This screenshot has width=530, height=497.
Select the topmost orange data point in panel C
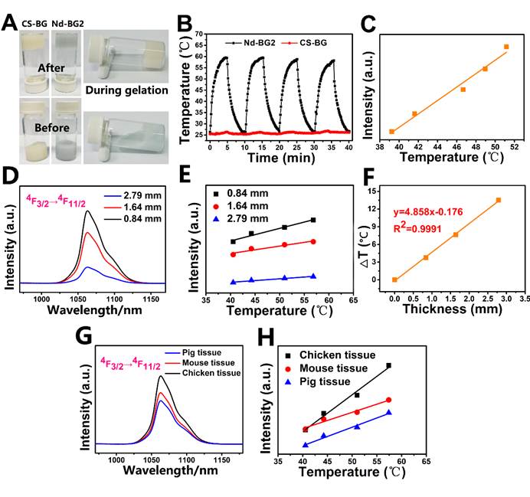pos(506,47)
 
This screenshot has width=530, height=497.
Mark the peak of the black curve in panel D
pos(87,211)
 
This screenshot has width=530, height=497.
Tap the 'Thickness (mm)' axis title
pos(449,309)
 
